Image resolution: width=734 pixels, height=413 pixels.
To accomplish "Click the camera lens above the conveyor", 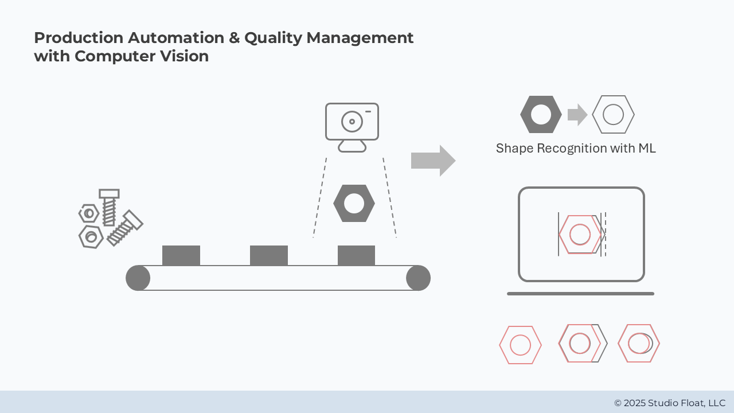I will pos(352,122).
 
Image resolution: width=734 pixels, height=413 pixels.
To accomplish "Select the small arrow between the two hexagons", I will pos(577,115).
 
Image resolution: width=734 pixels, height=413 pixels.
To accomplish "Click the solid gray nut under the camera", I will pos(354,204).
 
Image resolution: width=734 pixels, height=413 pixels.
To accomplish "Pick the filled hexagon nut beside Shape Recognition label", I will pos(541,115).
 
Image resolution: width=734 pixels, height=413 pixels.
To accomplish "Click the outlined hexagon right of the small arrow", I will pos(613,115).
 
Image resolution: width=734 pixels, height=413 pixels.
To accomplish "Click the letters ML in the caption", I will pos(647,149).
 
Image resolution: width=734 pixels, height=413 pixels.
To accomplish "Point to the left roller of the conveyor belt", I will pos(138,278).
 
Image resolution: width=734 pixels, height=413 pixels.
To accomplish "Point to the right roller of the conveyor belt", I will pos(418,278).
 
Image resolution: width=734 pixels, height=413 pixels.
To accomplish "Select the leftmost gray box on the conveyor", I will pos(181,255).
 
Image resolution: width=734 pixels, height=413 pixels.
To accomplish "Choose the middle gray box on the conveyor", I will pos(269,255).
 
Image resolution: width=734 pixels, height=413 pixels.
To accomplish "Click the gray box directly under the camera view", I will pos(356,255).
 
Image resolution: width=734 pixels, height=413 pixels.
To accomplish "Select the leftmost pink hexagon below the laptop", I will pos(520,345).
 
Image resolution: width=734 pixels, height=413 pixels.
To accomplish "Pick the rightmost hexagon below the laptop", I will pos(639,344).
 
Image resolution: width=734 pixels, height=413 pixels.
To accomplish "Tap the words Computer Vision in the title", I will pos(142,56).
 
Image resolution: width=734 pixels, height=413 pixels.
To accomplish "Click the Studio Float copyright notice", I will pos(669,403).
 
